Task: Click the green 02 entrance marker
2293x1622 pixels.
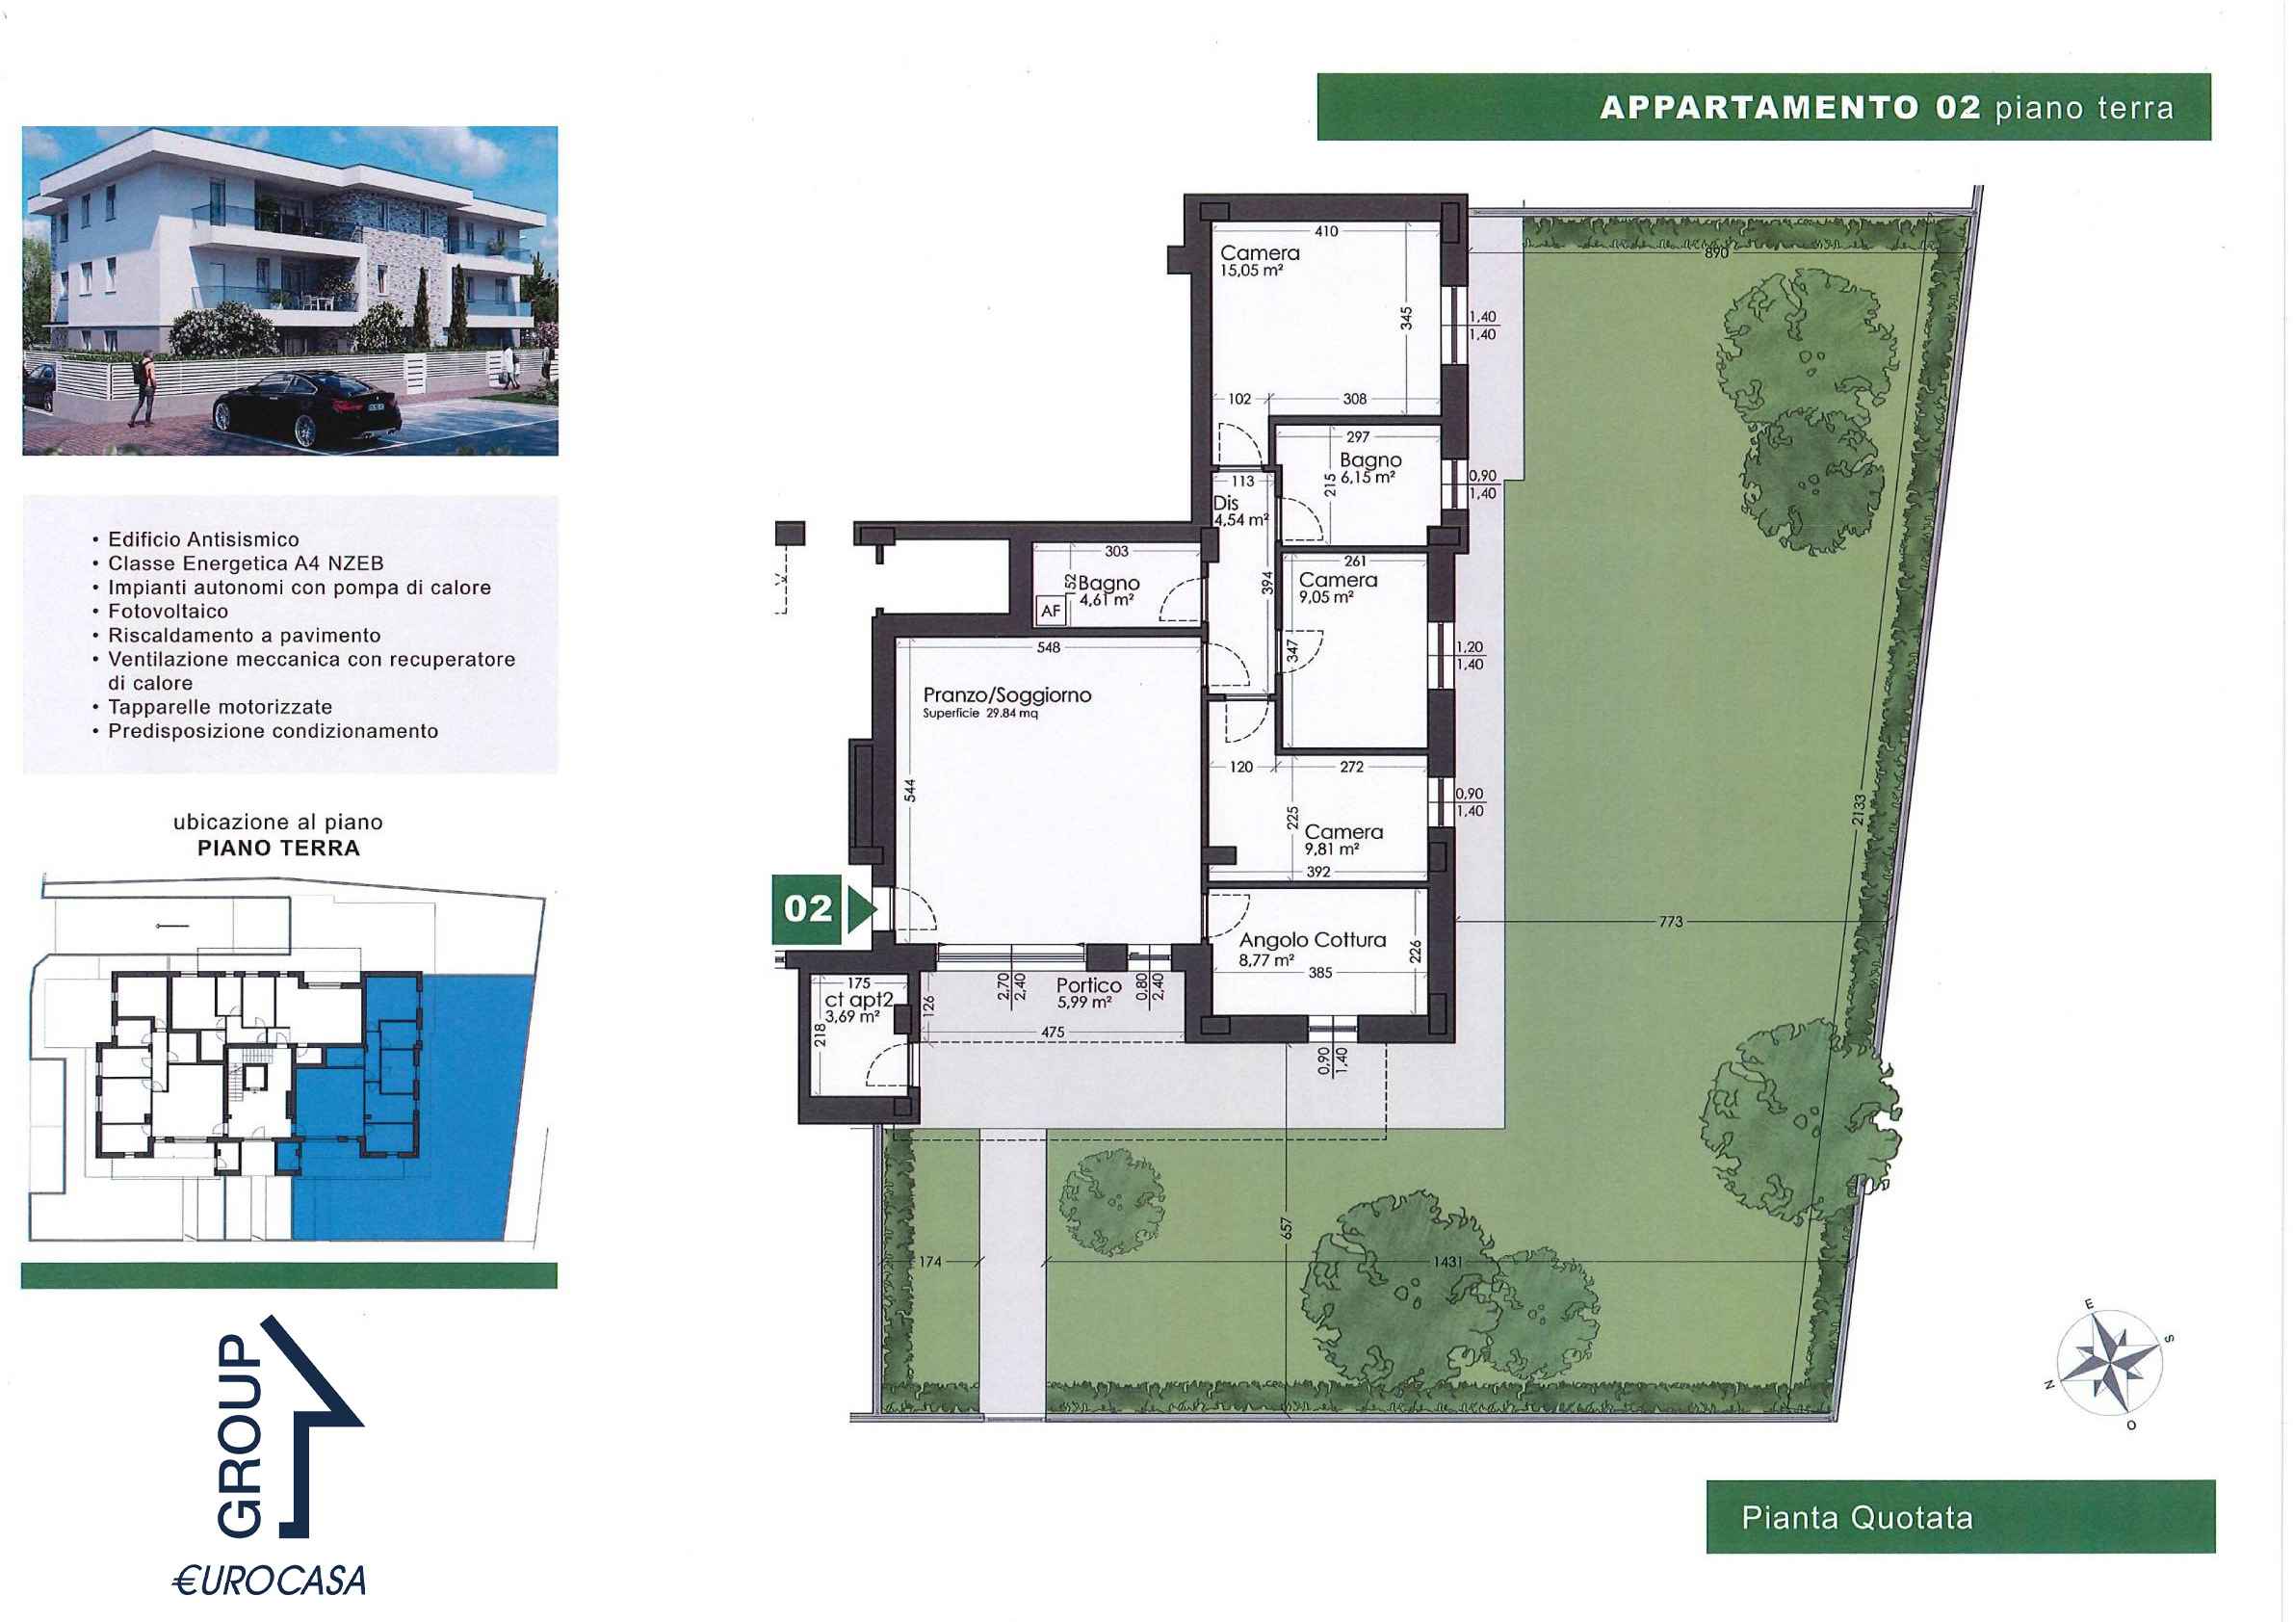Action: click(x=824, y=909)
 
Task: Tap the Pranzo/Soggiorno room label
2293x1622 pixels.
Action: click(x=1006, y=695)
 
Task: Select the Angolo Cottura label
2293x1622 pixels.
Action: click(x=1313, y=940)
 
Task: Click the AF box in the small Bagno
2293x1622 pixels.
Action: click(x=1051, y=611)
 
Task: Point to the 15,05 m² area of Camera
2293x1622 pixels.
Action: click(x=1251, y=270)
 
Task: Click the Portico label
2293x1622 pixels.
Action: click(x=1088, y=984)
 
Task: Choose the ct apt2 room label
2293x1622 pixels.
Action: click(x=858, y=1000)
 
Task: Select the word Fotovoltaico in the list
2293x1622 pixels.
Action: click(x=168, y=612)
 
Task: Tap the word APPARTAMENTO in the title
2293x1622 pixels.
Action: click(x=1759, y=107)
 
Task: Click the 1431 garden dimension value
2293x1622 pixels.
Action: click(x=1447, y=1263)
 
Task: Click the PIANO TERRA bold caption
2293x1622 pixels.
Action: click(x=278, y=848)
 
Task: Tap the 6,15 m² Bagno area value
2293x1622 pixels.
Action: click(x=1368, y=478)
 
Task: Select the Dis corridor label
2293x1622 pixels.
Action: click(x=1225, y=504)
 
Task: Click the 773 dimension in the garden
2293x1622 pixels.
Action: click(x=1670, y=922)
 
